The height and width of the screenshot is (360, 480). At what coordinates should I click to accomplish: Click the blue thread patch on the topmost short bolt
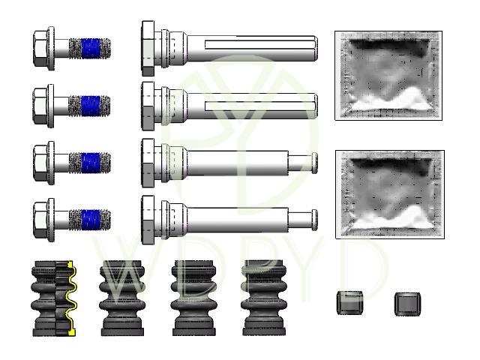91,48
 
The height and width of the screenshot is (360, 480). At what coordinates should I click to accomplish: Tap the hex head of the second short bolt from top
40,106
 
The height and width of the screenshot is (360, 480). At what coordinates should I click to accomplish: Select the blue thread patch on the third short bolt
91,163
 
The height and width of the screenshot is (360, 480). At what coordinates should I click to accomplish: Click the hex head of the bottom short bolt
40,220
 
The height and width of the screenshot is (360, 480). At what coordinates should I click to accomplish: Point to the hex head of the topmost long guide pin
148,48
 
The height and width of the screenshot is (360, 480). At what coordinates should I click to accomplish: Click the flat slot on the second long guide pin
259,106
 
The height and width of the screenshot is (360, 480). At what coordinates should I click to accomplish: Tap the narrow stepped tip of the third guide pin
302,163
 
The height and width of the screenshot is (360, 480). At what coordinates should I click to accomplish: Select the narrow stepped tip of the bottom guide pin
302,220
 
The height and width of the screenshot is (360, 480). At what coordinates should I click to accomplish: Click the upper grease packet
388,75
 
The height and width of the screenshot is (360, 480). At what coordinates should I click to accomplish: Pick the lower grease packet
390,194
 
